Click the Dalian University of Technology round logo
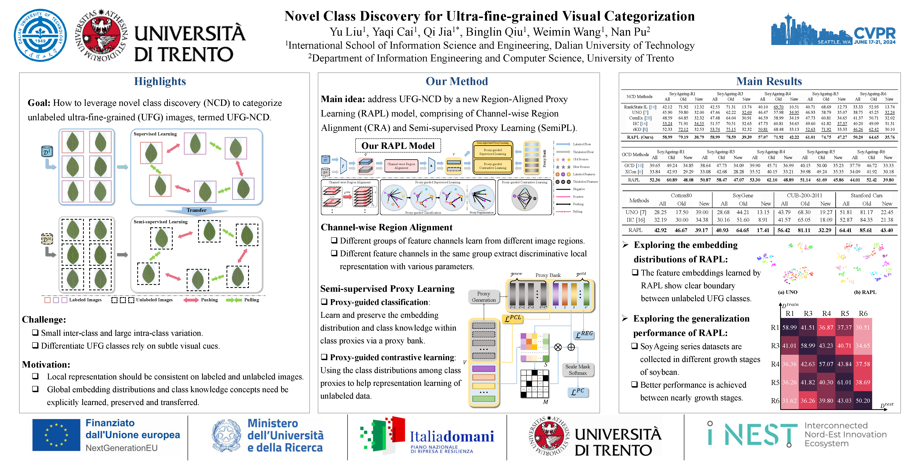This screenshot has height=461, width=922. click(40, 35)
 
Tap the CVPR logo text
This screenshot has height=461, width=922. click(874, 34)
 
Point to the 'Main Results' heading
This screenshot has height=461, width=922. click(769, 82)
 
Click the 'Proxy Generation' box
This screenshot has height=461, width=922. click(484, 297)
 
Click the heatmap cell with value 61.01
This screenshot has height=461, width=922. click(844, 382)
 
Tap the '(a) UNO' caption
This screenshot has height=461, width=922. click(787, 292)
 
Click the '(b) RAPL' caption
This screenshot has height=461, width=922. click(865, 292)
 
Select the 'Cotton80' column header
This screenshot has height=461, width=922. click(681, 195)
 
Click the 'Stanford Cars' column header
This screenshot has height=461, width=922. click(866, 195)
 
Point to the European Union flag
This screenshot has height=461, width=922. click(56, 435)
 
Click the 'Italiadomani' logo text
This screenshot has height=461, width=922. click(452, 437)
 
